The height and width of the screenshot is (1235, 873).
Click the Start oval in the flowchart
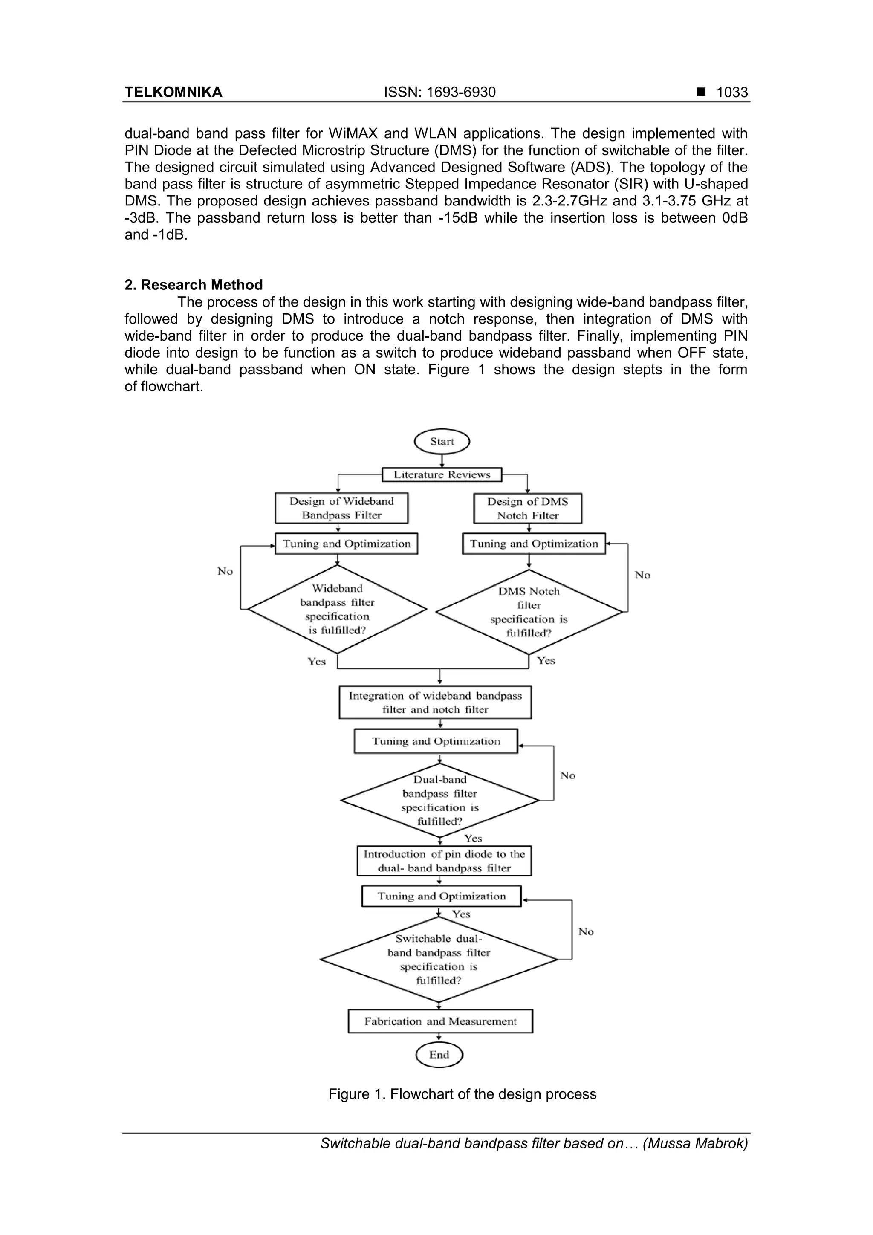(x=442, y=442)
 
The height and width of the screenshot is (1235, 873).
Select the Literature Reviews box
(x=442, y=474)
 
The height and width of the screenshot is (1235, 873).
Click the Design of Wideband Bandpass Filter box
(x=341, y=508)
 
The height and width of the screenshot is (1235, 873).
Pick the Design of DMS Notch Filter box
(x=527, y=508)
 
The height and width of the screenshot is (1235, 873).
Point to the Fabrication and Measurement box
(x=440, y=1021)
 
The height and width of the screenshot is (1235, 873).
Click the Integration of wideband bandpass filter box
(x=435, y=703)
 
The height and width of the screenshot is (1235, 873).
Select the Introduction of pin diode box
(x=444, y=861)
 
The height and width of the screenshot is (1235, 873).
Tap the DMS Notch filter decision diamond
(x=529, y=612)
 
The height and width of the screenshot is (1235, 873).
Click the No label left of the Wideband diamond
(x=225, y=571)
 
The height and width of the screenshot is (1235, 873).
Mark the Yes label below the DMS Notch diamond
(x=546, y=660)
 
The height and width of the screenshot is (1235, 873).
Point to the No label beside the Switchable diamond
(x=586, y=931)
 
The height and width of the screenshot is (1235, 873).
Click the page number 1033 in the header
(x=731, y=93)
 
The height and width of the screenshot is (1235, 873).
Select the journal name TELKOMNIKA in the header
(x=173, y=93)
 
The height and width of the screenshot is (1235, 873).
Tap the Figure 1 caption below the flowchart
(x=463, y=1094)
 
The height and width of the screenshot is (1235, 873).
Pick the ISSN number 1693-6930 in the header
(x=439, y=93)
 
